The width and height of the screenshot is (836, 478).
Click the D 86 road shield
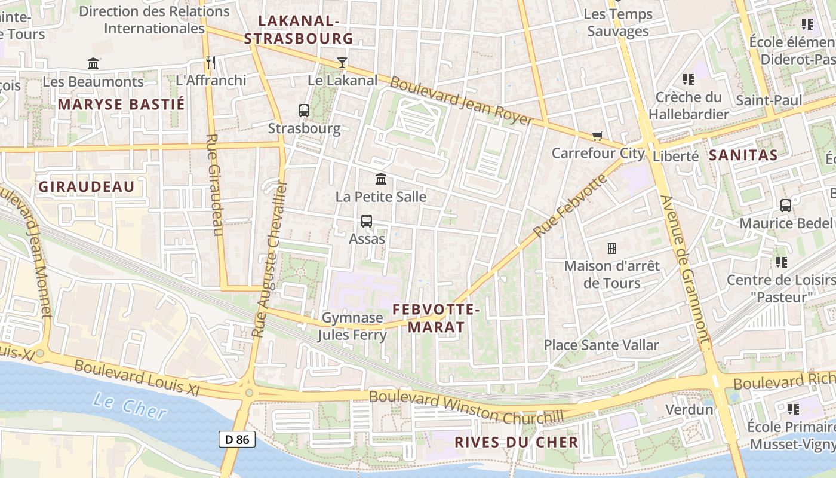(237, 440)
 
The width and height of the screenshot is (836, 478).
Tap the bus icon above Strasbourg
(304, 111)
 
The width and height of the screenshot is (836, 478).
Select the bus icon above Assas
(367, 221)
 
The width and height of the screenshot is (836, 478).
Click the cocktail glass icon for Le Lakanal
(342, 62)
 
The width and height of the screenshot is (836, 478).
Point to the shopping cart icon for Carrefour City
(597, 136)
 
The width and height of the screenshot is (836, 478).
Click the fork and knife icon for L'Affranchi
(210, 62)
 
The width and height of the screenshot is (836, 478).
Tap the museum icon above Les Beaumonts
(93, 63)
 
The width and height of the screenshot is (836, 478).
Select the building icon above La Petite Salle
(380, 179)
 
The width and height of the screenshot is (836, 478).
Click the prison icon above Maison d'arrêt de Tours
(611, 248)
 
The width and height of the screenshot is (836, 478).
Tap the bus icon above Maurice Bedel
(786, 206)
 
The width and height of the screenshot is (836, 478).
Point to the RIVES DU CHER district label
(517, 442)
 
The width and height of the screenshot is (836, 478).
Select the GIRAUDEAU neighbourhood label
(87, 187)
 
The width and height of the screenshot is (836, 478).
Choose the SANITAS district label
(743, 155)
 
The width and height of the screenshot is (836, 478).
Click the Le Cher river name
(130, 406)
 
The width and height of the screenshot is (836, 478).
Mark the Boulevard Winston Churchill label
(466, 406)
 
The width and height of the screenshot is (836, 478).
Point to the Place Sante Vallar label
(601, 345)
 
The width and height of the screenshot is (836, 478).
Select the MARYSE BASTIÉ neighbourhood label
(121, 105)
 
